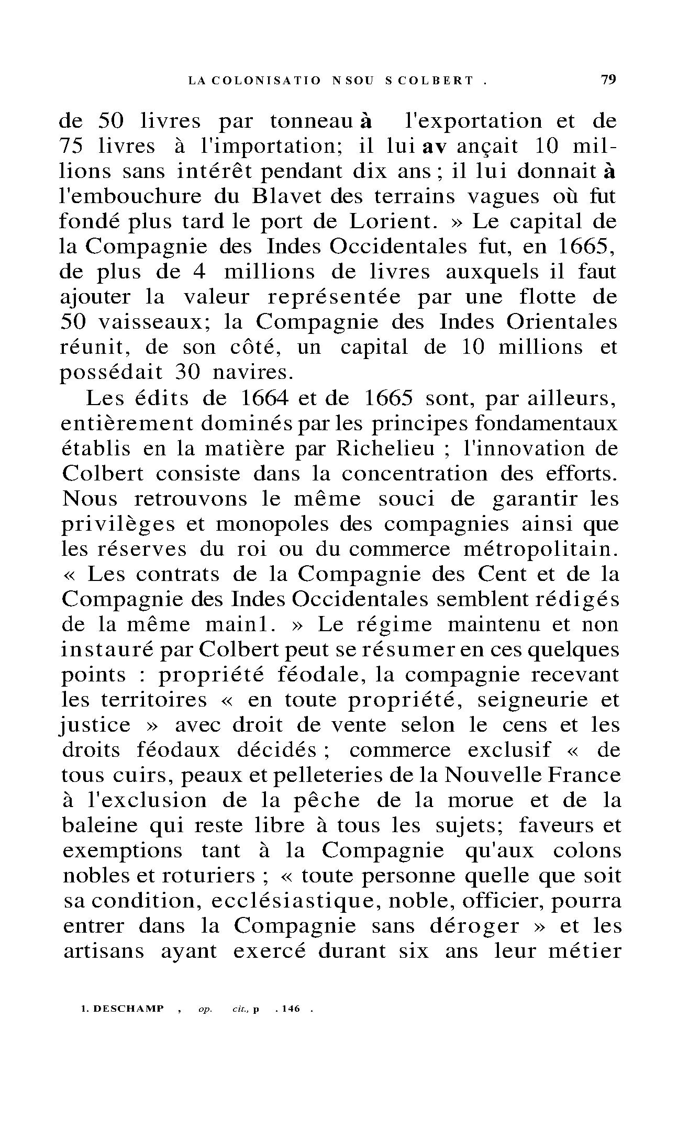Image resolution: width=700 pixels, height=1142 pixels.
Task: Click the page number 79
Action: click(x=608, y=80)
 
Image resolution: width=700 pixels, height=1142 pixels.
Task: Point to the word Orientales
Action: click(x=562, y=322)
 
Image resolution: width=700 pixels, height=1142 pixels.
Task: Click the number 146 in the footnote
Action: click(x=291, y=1009)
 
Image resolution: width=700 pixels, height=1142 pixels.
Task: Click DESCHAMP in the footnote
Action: click(x=128, y=1009)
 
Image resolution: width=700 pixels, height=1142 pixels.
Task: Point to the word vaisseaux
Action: click(x=154, y=322)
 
